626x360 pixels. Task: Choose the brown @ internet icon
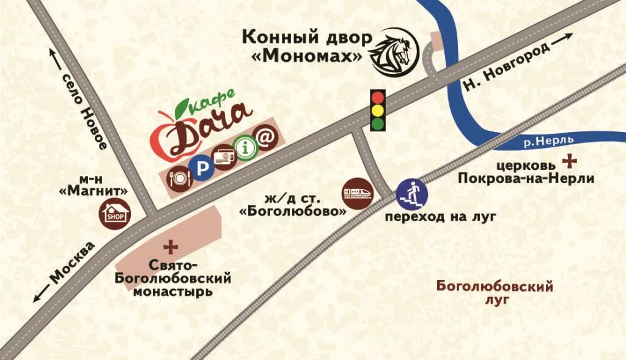(x=266, y=138)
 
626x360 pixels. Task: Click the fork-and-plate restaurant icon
(x=179, y=177)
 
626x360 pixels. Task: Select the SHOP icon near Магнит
(x=114, y=215)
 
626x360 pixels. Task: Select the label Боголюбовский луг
(x=495, y=293)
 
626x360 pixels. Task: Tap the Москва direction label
(x=72, y=262)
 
